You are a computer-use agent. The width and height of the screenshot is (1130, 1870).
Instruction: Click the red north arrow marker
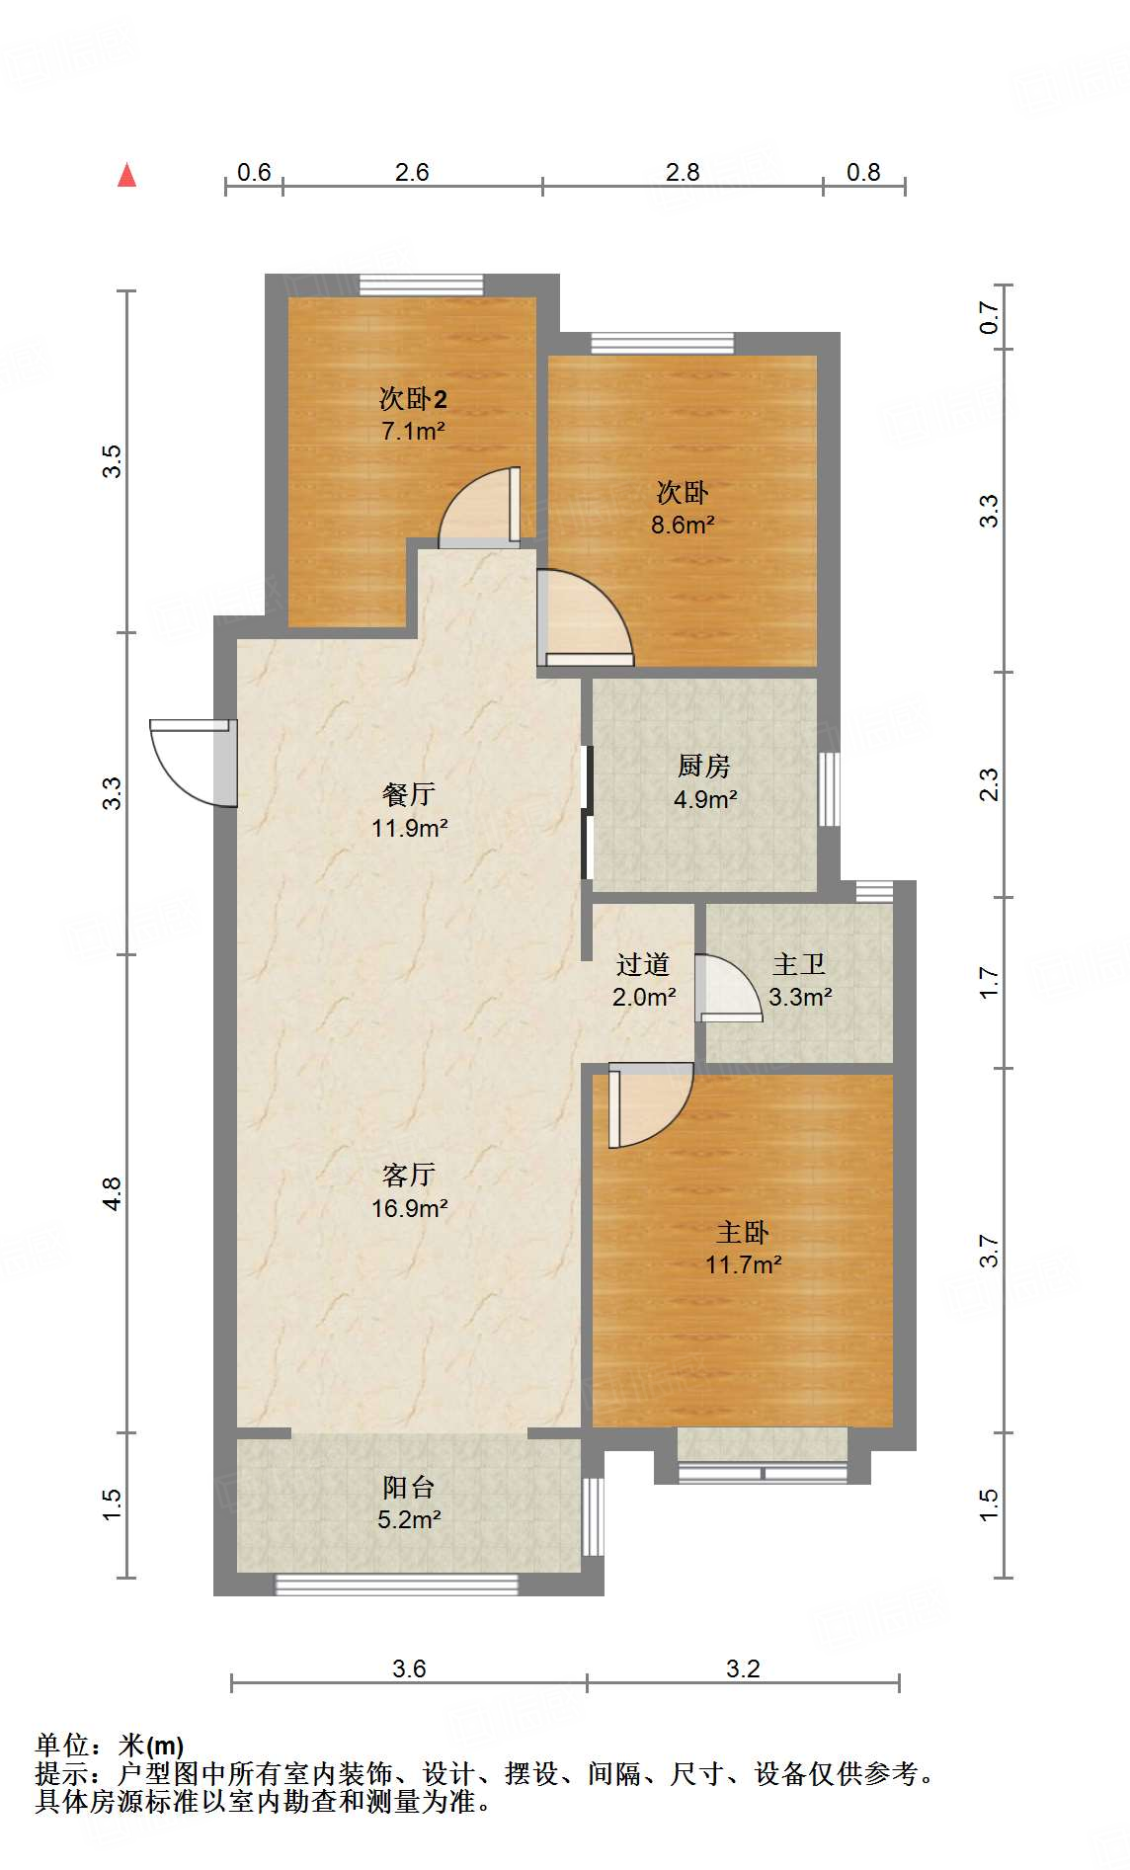tap(126, 176)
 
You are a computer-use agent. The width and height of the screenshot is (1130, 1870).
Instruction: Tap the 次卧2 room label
tap(413, 399)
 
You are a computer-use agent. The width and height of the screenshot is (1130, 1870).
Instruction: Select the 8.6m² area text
tap(683, 525)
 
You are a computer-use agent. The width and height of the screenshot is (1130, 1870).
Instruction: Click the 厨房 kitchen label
tap(704, 766)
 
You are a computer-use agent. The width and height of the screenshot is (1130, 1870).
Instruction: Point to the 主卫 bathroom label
tap(799, 964)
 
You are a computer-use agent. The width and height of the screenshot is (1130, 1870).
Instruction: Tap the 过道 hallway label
tap(643, 964)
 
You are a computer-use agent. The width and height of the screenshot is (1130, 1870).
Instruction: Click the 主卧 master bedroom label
tap(743, 1232)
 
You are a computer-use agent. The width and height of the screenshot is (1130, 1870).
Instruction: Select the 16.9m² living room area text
tap(410, 1207)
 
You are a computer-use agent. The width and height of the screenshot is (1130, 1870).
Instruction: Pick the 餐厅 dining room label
tap(408, 794)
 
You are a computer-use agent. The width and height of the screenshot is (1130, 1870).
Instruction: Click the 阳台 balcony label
tap(408, 1487)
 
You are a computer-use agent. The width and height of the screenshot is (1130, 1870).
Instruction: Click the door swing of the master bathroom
tap(729, 988)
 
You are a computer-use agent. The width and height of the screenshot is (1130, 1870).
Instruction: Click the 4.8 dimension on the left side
tap(113, 1193)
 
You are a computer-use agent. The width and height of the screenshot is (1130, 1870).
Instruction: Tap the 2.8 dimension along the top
tap(683, 172)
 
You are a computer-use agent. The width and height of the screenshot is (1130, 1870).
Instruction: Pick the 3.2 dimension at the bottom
tap(743, 1668)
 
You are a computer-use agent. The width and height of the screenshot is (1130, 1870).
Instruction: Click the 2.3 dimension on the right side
tap(990, 784)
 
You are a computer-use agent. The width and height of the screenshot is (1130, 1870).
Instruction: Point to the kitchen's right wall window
tap(830, 789)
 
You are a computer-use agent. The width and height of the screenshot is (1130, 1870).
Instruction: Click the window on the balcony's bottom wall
tap(396, 1585)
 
